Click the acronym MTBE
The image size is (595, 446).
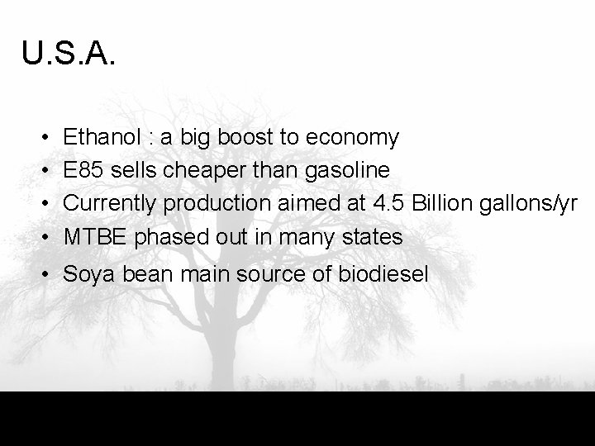[x=96, y=237]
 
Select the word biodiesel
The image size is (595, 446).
[x=384, y=274]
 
